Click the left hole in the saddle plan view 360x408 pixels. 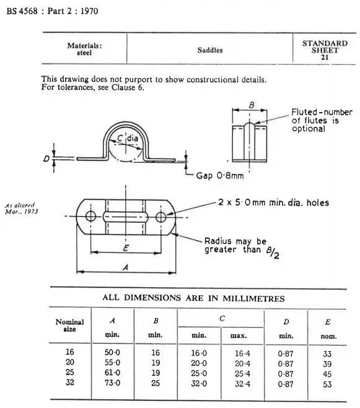click(90, 216)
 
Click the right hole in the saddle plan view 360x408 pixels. click(161, 217)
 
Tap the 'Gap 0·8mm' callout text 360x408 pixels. click(220, 176)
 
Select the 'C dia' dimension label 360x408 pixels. click(128, 138)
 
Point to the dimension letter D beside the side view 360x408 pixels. click(46, 158)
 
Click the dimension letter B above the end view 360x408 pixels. click(252, 105)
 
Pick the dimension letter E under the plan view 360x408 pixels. click(126, 248)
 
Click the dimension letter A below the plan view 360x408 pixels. click(126, 267)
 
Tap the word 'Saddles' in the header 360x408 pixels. click(210, 50)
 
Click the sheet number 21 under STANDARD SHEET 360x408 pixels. click(325, 57)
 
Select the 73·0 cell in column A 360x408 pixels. click(112, 383)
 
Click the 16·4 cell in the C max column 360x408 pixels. click(242, 354)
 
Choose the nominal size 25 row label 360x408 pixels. click(70, 372)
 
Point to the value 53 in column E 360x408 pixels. click(327, 384)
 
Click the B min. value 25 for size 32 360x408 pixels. click(156, 383)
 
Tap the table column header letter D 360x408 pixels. click(286, 322)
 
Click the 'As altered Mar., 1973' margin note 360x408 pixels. click(21, 209)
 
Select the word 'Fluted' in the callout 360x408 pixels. click(304, 112)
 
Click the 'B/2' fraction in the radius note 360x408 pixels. click(273, 253)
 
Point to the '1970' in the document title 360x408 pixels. click(89, 11)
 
